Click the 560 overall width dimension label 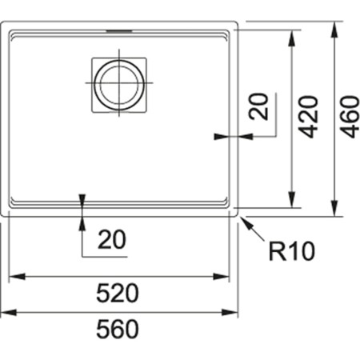(x=120, y=328)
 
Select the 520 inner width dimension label (x=120, y=293)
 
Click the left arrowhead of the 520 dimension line (x=13, y=276)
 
